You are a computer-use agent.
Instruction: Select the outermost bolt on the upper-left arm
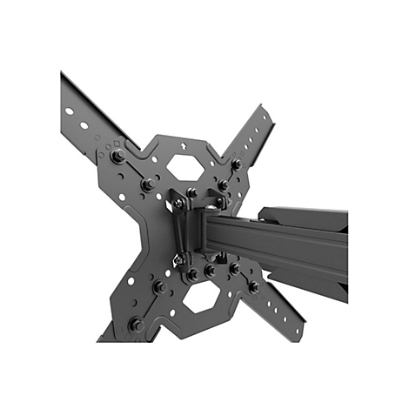coord(117,157)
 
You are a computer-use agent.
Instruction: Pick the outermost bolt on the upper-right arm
coord(236,163)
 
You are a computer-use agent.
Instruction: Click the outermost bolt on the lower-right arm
coord(253,285)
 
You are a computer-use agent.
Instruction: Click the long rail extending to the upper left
coord(87,109)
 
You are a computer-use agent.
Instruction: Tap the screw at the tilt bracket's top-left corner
coord(178,203)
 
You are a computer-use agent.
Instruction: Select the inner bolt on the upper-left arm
coord(149,184)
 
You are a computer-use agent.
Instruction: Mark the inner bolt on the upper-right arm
coord(223,184)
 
